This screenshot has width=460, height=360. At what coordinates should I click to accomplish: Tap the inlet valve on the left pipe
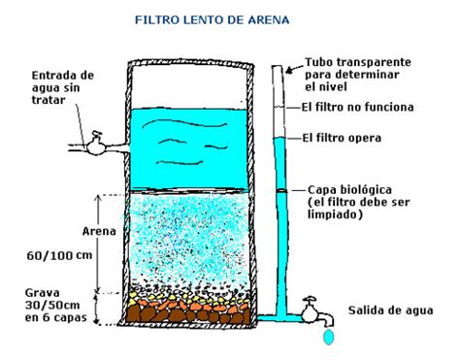tap(95, 145)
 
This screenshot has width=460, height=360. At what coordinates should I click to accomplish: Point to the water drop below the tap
tap(327, 337)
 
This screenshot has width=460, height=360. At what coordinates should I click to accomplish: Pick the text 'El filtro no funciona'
tap(358, 107)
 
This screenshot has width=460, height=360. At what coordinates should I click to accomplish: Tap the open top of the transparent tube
tap(279, 67)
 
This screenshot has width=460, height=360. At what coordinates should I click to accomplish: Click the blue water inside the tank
tap(189, 146)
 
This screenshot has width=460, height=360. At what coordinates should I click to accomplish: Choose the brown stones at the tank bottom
tap(189, 312)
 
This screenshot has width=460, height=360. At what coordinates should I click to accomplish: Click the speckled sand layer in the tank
tap(189, 238)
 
